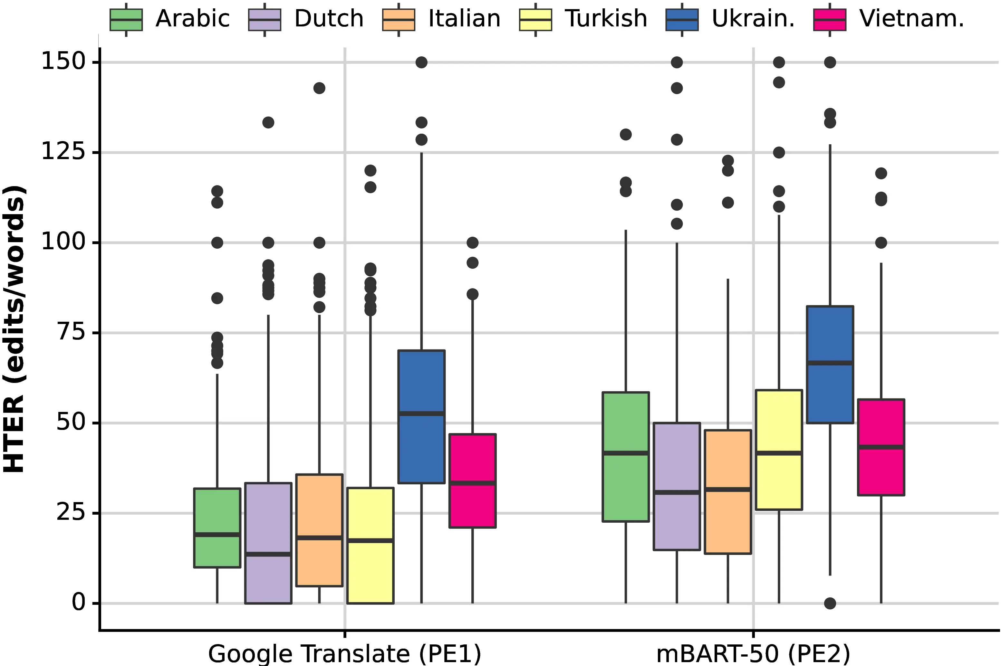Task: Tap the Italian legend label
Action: [464, 19]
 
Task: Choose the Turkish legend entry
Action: [583, 19]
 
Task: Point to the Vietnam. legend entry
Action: [888, 19]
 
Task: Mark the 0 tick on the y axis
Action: [79, 603]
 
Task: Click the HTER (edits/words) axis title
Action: [15, 329]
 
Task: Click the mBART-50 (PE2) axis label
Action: [753, 653]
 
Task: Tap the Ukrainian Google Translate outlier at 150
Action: [421, 62]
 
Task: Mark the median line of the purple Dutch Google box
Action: [268, 554]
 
